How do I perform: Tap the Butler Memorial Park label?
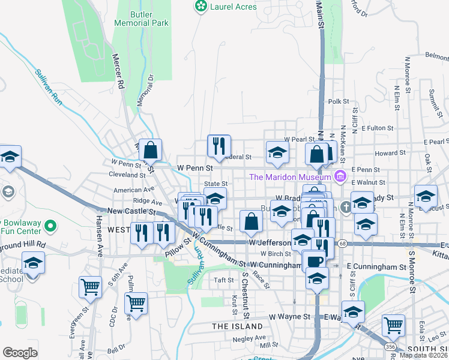click(142, 18)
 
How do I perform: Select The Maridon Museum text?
click(290, 176)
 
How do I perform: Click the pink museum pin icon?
click(340, 176)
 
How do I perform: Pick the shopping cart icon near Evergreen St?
click(90, 288)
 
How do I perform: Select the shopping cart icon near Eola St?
click(393, 325)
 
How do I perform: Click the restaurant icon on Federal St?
click(219, 145)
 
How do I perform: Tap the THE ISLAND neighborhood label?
click(237, 326)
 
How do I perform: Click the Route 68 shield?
click(342, 243)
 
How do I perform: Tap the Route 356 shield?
click(390, 347)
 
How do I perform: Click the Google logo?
click(20, 353)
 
